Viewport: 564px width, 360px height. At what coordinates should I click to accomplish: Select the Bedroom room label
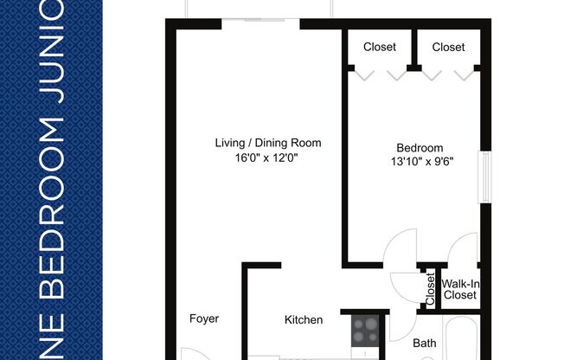[x=420, y=148]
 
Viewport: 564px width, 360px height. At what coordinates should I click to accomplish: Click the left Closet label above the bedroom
[x=380, y=47]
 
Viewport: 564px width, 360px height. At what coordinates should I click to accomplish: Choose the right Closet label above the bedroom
[x=448, y=47]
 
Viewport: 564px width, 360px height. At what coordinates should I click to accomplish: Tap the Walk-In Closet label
[x=459, y=289]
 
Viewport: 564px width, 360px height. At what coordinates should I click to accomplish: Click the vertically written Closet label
[x=430, y=289]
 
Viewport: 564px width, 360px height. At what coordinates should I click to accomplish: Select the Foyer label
[x=204, y=318]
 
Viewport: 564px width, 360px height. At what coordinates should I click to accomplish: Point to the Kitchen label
[x=304, y=320]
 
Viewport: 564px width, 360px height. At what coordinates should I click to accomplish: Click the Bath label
[x=424, y=344]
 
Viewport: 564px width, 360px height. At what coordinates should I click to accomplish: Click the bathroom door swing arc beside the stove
[x=401, y=325]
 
